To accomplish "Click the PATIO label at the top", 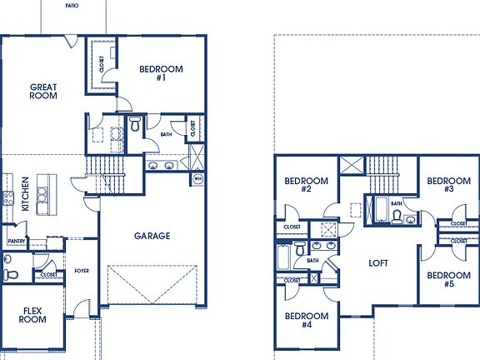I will coord(73,5).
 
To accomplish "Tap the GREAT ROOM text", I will coord(43,91).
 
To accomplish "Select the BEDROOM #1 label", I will coord(160,73).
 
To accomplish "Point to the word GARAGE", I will coord(152,236).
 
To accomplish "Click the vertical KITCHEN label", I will coord(26,193).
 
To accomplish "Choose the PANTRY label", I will coord(16,241).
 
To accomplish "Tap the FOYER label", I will coord(82,271).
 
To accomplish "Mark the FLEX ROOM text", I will coord(32,314).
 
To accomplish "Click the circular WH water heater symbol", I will coord(198,178).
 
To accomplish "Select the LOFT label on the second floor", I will coord(379,262).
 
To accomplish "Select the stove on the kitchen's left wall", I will coord(7,198).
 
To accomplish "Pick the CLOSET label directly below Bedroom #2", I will coord(292,227).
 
